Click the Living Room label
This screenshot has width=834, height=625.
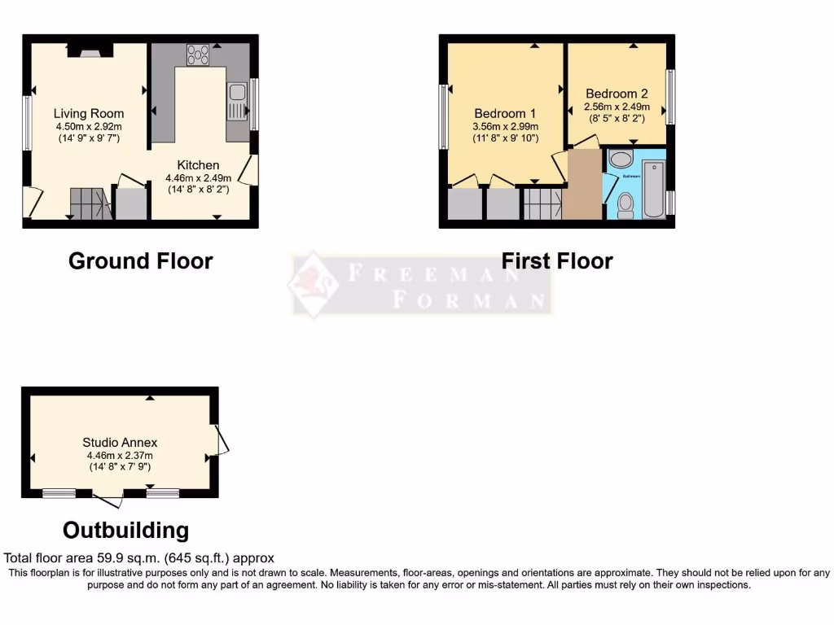(x=89, y=113)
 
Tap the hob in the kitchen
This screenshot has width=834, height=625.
(x=197, y=55)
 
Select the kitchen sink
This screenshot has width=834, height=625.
(x=237, y=103)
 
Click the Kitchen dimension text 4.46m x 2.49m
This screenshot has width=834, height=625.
(x=199, y=178)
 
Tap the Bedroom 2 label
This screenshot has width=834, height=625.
(x=617, y=94)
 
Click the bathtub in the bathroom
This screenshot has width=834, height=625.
(x=654, y=189)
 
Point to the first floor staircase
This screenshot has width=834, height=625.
(x=542, y=203)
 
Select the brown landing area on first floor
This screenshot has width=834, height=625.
(x=583, y=184)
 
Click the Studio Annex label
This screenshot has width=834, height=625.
(x=120, y=443)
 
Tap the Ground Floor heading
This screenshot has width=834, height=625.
(x=140, y=261)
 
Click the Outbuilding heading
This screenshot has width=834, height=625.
(x=125, y=531)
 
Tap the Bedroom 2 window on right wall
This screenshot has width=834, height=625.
(x=670, y=96)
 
